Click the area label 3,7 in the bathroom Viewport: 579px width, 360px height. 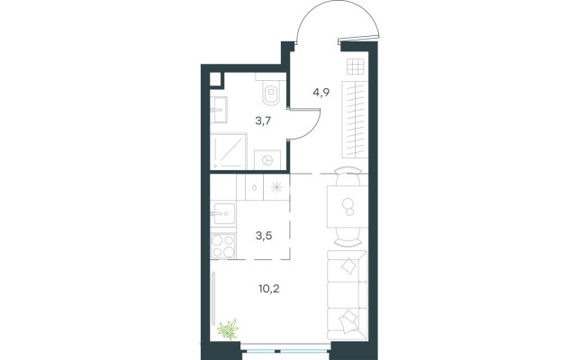[x=263, y=121]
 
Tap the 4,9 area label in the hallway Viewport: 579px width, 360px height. [x=321, y=92]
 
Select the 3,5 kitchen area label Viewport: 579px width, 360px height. [x=264, y=236]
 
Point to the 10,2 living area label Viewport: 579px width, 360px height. [x=269, y=288]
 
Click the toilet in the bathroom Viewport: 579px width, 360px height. [x=271, y=92]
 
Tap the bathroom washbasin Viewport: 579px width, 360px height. [x=219, y=110]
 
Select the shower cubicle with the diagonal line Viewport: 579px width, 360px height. [x=228, y=150]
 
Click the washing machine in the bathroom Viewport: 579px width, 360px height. [x=267, y=160]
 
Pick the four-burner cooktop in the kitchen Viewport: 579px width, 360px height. [x=223, y=246]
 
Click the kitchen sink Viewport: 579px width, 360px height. [x=222, y=213]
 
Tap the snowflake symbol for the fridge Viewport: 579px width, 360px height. [x=276, y=187]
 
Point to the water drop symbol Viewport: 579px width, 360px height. [x=255, y=187]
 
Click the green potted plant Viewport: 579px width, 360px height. [x=228, y=329]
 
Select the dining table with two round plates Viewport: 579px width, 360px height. [x=348, y=207]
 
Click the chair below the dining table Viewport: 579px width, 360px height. [x=348, y=237]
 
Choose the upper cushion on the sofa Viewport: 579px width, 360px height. [x=349, y=265]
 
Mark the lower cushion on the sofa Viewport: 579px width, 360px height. [x=348, y=321]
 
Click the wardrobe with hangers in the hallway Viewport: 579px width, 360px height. [x=355, y=120]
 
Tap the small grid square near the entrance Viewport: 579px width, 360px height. [x=355, y=67]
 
